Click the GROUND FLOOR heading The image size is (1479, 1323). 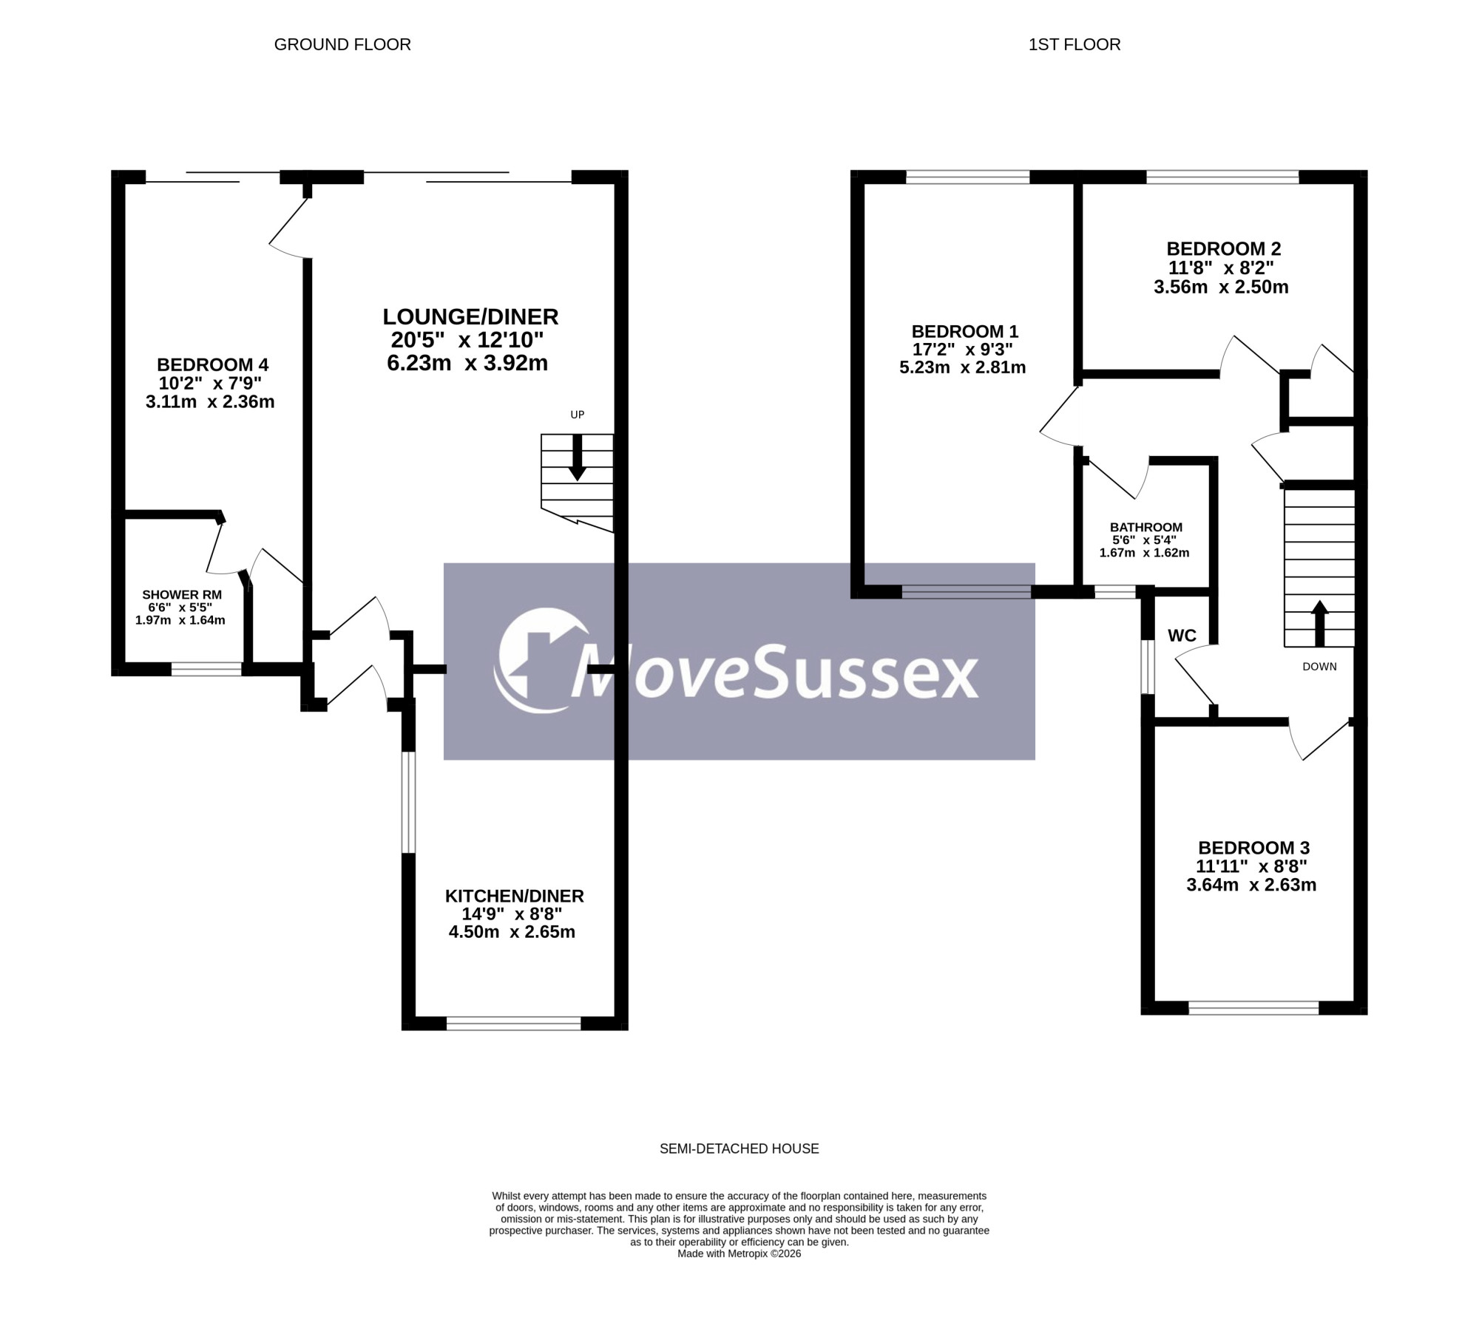tap(342, 44)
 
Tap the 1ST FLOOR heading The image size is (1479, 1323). tap(1074, 44)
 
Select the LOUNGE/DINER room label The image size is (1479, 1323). tap(470, 317)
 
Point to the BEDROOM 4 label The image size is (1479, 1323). tap(212, 364)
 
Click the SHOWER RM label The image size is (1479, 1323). tap(182, 594)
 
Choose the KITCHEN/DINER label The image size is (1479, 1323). tap(515, 896)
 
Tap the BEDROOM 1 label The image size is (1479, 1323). tap(965, 331)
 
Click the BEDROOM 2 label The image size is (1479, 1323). tap(1224, 249)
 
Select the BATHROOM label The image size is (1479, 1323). tap(1146, 527)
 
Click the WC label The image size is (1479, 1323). tap(1182, 636)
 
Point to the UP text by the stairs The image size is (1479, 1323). tap(578, 415)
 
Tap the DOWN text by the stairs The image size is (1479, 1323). tap(1320, 667)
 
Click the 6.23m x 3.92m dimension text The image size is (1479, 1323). tap(467, 363)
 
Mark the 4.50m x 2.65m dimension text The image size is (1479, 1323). tap(512, 932)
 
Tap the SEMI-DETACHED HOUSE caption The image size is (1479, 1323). tap(739, 1149)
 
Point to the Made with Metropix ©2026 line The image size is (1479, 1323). tap(739, 1254)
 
